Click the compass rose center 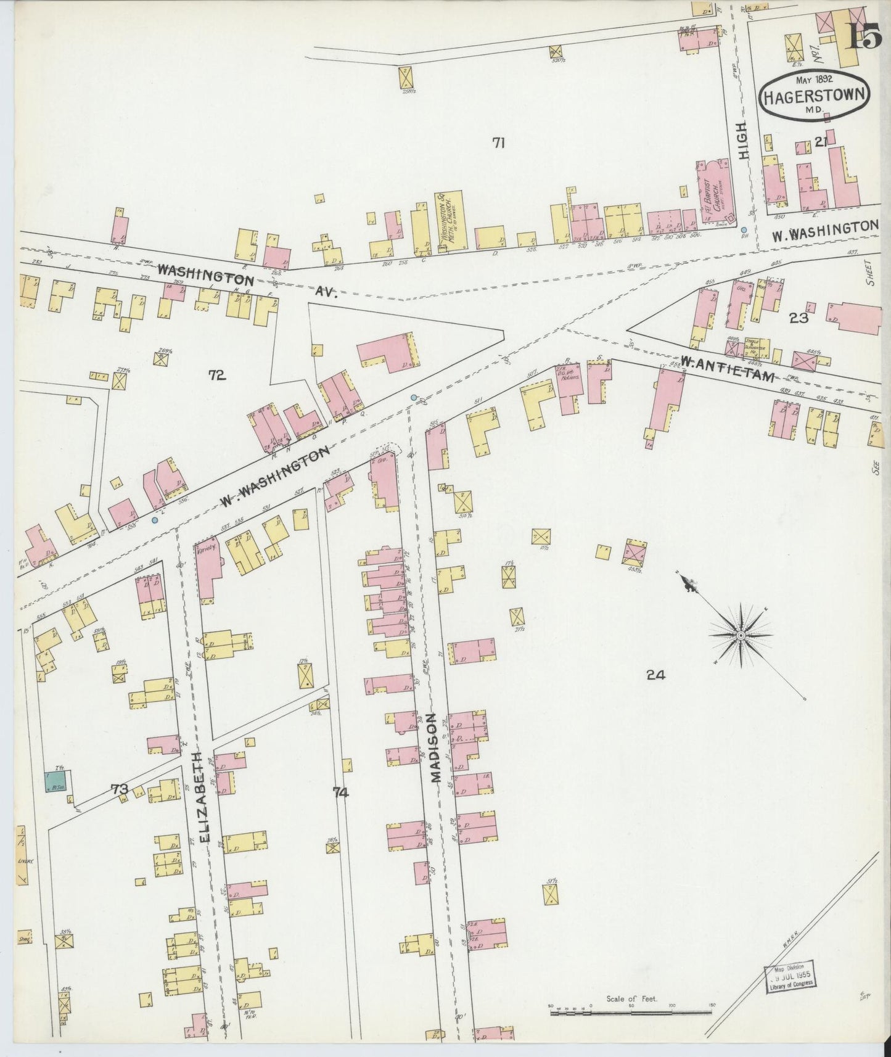[x=742, y=635]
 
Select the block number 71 [x=498, y=143]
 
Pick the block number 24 [x=655, y=675]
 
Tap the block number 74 [x=340, y=792]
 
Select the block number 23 [x=799, y=318]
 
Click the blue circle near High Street [x=744, y=230]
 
